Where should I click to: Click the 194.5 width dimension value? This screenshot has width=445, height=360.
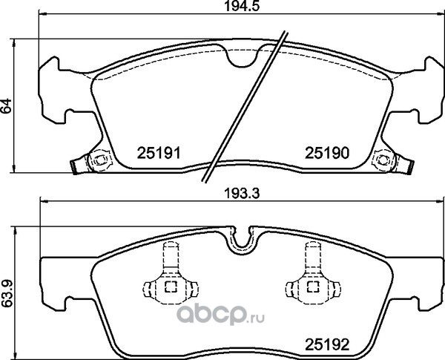[242, 6]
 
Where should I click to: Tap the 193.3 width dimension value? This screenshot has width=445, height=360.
[242, 194]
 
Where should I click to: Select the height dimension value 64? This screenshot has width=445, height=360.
[6, 106]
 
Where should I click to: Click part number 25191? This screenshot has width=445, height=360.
[159, 153]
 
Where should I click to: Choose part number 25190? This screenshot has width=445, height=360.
[326, 153]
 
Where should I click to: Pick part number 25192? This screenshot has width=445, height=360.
[326, 345]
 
